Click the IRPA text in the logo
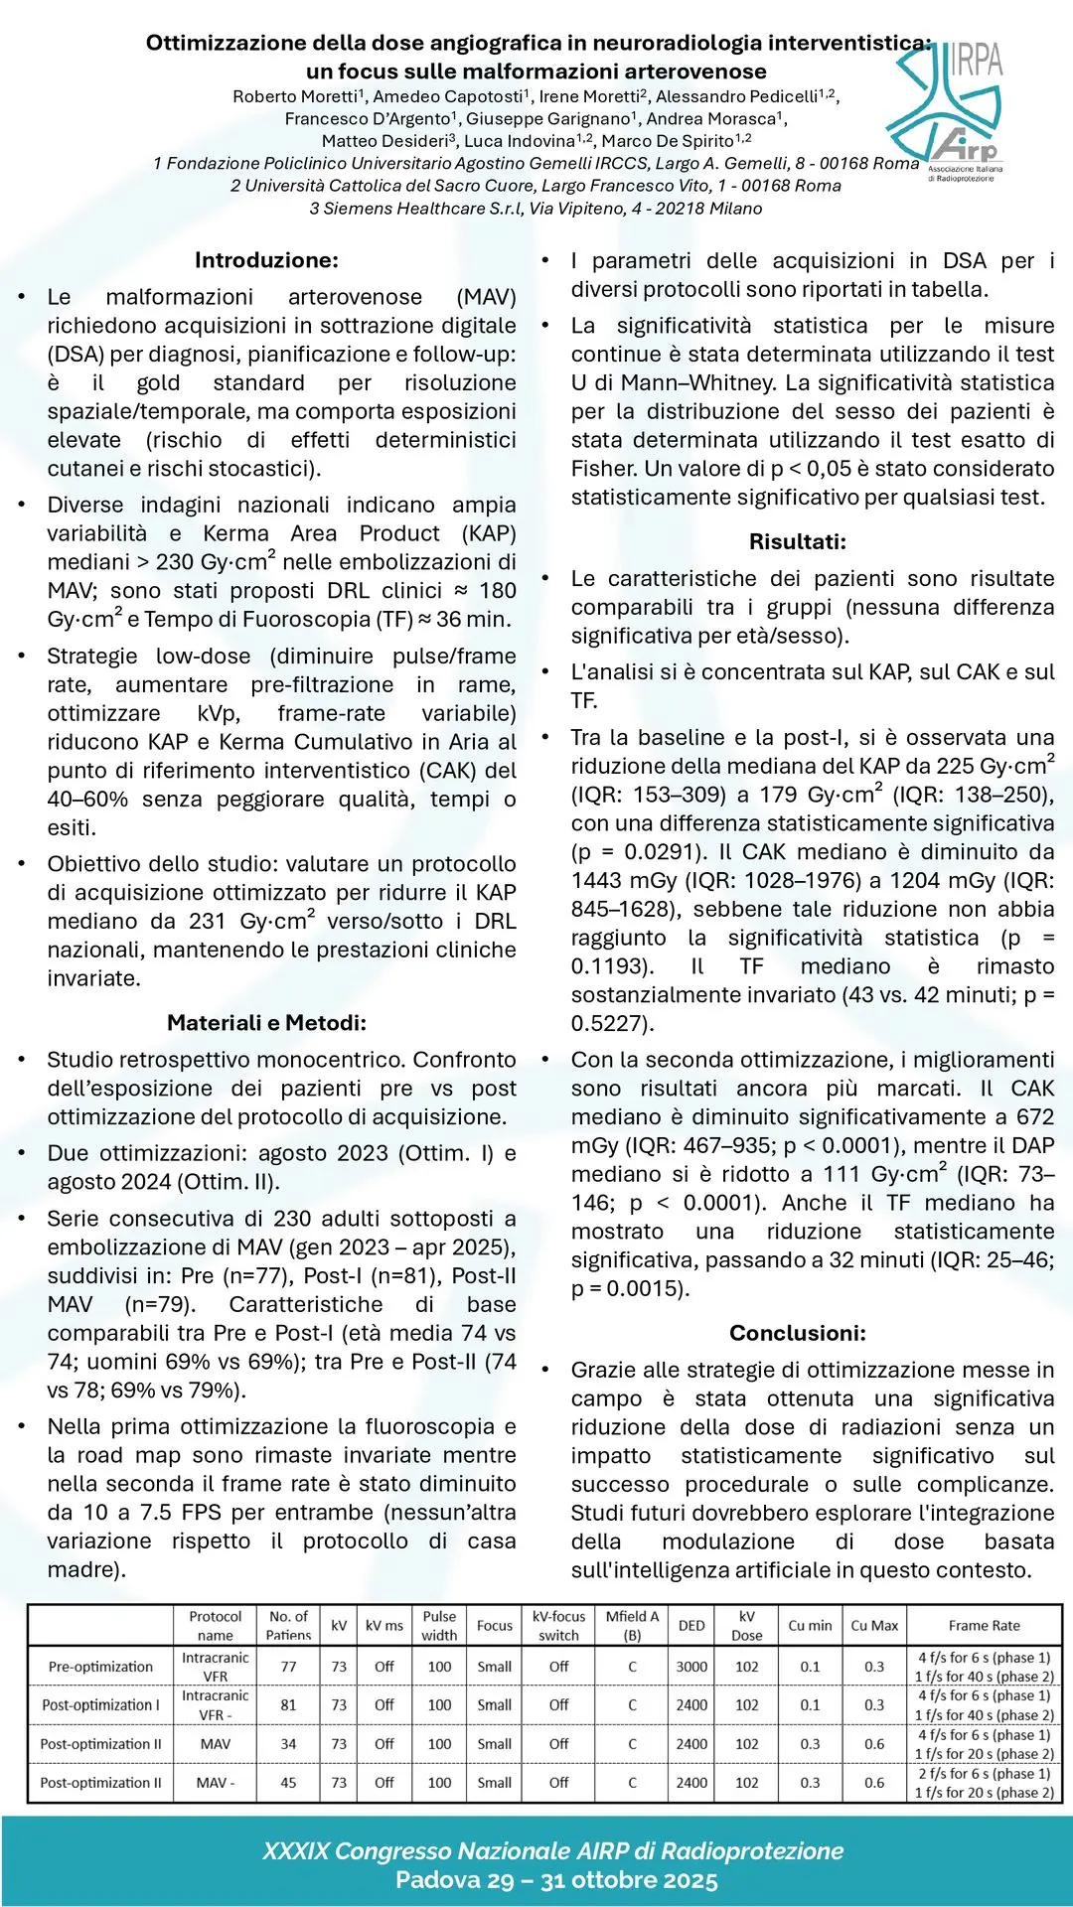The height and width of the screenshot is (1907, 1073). pyautogui.click(x=977, y=62)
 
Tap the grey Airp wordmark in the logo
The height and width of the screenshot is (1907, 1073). pyautogui.click(x=965, y=147)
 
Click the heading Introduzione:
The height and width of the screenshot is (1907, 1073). pyautogui.click(x=266, y=260)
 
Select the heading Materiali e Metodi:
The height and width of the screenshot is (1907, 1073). pyautogui.click(x=266, y=1023)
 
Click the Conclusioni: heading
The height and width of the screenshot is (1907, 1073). pyautogui.click(x=798, y=1333)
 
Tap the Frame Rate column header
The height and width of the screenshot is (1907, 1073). pyautogui.click(x=984, y=1626)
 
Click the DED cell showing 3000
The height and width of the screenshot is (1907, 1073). pyautogui.click(x=691, y=1667)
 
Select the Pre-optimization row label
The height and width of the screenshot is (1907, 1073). pyautogui.click(x=100, y=1667)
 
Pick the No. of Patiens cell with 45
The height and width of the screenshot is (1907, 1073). pyautogui.click(x=288, y=1783)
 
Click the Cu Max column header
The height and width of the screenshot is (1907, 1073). pyautogui.click(x=874, y=1626)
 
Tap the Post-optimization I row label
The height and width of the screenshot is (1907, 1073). pyautogui.click(x=100, y=1705)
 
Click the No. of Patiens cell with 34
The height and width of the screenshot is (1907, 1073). pyautogui.click(x=288, y=1744)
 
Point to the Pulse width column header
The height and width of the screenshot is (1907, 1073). pyautogui.click(x=439, y=1626)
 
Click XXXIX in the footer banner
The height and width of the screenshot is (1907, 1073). pyautogui.click(x=295, y=1851)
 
